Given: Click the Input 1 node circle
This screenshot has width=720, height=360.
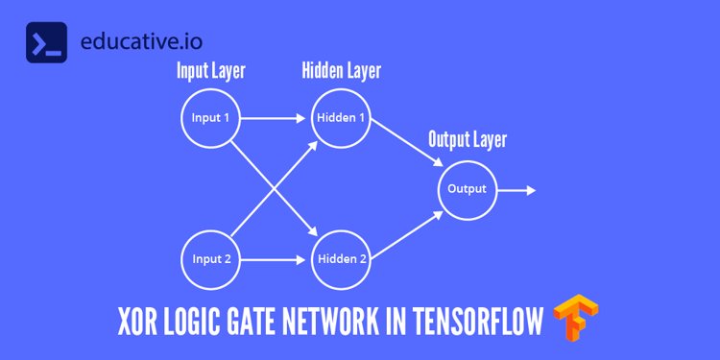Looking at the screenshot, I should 210,119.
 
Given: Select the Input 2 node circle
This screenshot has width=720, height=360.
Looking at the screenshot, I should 210,259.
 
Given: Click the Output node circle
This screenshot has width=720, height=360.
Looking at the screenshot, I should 467,189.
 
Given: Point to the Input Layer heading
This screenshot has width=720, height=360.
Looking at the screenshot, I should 210,71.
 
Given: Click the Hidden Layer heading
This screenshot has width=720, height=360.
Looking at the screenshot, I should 341,71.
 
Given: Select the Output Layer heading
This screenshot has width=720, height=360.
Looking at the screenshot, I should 467,140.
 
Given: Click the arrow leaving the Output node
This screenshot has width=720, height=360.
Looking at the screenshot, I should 516,190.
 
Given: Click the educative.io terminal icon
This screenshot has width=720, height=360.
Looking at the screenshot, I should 46,42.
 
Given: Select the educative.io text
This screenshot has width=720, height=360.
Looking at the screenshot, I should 142,43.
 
